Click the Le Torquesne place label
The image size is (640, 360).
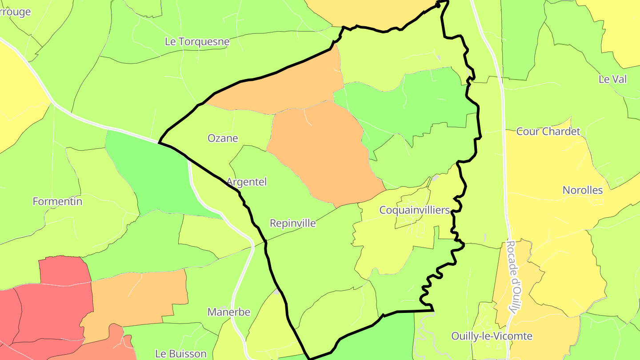(x=197, y=42)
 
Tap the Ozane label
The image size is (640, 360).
(x=223, y=138)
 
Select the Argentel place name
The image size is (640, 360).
(x=247, y=182)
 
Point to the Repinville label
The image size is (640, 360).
(x=293, y=223)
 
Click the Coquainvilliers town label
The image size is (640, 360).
(x=415, y=210)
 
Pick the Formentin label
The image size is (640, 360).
(x=57, y=201)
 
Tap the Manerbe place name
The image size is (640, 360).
(x=229, y=312)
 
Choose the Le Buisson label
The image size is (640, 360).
(x=181, y=354)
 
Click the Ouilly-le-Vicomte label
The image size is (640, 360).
(x=492, y=336)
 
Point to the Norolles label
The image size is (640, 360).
(x=583, y=190)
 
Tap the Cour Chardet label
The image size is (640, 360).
(x=548, y=132)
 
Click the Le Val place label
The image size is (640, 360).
(x=612, y=79)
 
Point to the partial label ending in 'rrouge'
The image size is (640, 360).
(x=16, y=12)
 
